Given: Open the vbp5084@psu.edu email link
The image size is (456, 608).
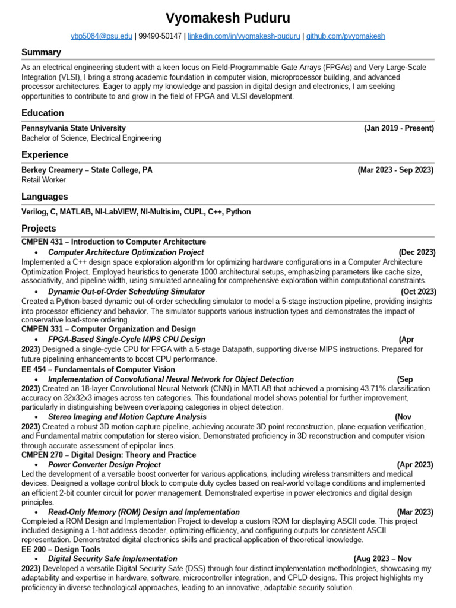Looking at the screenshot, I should (x=102, y=36).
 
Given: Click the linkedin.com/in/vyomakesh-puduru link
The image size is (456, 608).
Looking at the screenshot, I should (x=243, y=36).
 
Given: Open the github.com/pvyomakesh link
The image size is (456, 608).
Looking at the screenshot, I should (x=345, y=36).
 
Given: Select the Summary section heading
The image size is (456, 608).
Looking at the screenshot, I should (x=41, y=52).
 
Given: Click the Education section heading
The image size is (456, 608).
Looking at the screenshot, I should (x=43, y=113).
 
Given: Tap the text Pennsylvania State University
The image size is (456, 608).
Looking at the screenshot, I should (x=74, y=128).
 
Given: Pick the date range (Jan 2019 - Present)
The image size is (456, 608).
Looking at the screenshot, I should (x=398, y=128).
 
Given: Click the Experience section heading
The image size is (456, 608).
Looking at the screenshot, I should (x=45, y=155).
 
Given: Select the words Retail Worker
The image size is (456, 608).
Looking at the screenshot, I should (x=43, y=180).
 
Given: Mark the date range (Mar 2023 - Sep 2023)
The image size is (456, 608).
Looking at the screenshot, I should (x=395, y=170).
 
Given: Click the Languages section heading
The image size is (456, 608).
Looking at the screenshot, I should (x=45, y=197).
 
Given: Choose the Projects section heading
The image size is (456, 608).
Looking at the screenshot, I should (x=39, y=229).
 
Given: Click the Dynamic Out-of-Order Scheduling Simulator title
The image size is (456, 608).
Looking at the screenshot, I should (x=126, y=292).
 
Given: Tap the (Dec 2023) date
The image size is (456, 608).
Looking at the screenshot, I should (x=417, y=252).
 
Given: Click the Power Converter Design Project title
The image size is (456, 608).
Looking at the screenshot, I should (x=104, y=464).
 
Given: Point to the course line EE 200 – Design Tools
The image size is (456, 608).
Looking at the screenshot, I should (x=61, y=549).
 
